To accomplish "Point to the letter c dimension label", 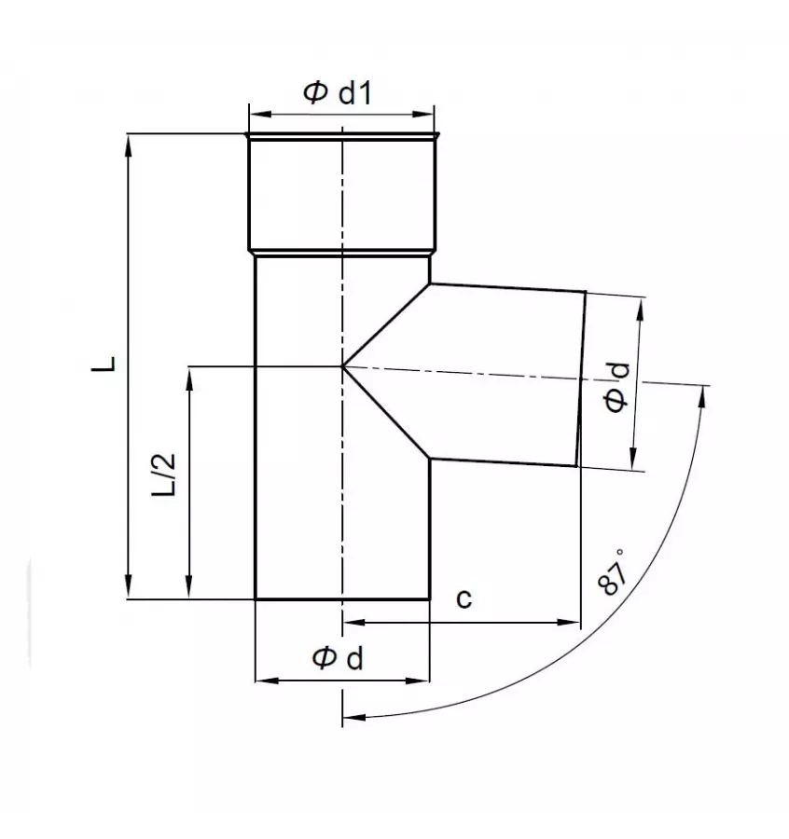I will [x=464, y=599].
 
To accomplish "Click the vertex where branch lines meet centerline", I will [x=343, y=366].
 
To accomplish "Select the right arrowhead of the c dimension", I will [x=574, y=622].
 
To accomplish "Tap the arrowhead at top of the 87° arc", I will [x=701, y=392].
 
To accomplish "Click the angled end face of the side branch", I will [x=582, y=378].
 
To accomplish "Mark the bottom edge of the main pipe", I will [x=342, y=599].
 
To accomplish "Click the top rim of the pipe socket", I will [x=342, y=136].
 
